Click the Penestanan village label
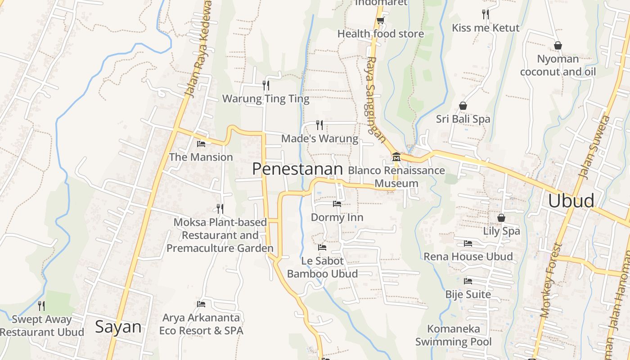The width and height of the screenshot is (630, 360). [x=297, y=169]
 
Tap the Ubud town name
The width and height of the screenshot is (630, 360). [x=571, y=201]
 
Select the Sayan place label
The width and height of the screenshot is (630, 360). [x=118, y=327]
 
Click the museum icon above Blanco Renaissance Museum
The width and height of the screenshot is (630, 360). [x=396, y=157]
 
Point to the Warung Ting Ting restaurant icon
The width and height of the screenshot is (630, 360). [x=266, y=85]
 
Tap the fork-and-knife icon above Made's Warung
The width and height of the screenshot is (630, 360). [x=319, y=125]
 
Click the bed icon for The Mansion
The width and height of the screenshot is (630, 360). [x=201, y=144]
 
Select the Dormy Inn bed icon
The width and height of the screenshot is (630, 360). [x=337, y=204]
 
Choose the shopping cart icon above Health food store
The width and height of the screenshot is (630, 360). [x=380, y=20]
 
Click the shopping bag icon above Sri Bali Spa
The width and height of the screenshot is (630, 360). [x=463, y=106]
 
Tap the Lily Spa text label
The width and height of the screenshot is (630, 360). [x=501, y=231]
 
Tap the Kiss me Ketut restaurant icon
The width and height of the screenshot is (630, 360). [x=485, y=14]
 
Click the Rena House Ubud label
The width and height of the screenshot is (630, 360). [x=468, y=256]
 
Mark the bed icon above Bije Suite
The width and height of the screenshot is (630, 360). [x=468, y=281]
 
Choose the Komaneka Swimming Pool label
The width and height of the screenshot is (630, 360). [x=454, y=335]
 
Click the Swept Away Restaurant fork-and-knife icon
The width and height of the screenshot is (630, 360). [x=41, y=306]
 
